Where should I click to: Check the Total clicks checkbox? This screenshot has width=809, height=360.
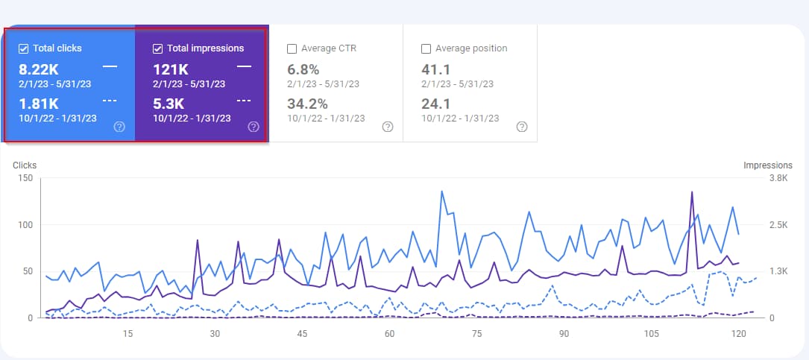(24, 48)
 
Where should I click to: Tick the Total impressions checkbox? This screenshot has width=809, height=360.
(157, 48)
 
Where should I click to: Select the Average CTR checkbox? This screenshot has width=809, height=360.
(292, 48)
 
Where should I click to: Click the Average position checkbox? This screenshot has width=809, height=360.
(426, 48)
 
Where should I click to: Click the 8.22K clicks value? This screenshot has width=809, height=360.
(40, 69)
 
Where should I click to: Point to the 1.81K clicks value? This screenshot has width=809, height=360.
(40, 103)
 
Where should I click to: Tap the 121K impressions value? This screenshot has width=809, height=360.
(171, 69)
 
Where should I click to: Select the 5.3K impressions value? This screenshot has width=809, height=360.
(168, 103)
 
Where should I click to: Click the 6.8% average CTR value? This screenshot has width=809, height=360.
(303, 69)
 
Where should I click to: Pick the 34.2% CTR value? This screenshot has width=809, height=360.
(306, 103)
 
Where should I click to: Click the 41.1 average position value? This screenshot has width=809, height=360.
(436, 69)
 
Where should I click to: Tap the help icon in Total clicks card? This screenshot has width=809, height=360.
(119, 127)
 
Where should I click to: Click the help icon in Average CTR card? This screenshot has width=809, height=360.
(387, 127)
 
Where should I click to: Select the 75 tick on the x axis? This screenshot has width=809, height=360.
(477, 333)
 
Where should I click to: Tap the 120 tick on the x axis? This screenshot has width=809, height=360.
(739, 333)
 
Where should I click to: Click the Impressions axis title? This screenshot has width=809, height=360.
(767, 165)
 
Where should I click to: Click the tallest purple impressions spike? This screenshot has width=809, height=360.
(692, 193)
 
